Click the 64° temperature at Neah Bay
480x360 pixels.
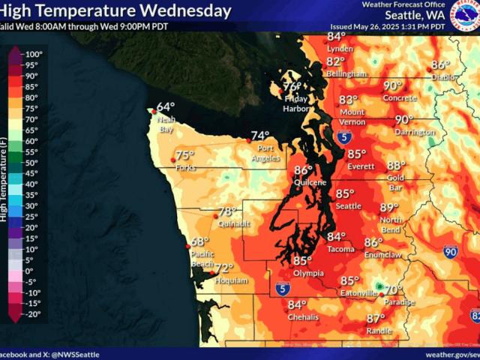click(x=166, y=106)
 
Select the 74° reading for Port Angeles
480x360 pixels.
click(x=260, y=136)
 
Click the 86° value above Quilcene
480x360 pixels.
click(x=303, y=170)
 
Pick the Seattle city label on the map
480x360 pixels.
click(x=349, y=205)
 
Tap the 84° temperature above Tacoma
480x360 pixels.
click(x=337, y=237)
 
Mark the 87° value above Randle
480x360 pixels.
click(x=376, y=319)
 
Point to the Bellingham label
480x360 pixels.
click(x=346, y=74)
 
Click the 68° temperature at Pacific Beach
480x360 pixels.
click(x=199, y=241)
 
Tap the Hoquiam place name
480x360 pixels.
click(x=231, y=280)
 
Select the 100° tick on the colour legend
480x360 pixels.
click(x=34, y=55)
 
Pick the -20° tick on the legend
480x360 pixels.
click(x=34, y=314)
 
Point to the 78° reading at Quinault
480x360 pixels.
click(x=227, y=211)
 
